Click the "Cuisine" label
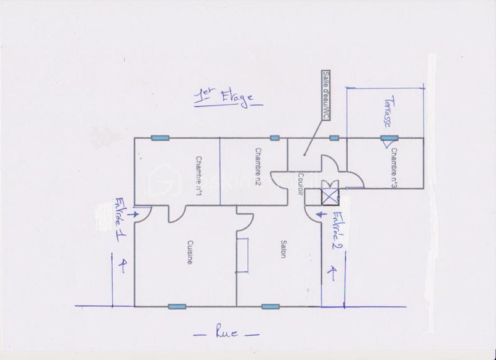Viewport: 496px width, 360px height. pos(189,253)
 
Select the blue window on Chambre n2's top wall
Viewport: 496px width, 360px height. pos(275,138)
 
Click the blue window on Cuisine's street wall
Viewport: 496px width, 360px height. pos(177,306)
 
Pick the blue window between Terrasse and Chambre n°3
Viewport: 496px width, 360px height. pos(389,138)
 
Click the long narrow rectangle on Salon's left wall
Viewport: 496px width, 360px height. pos(243,253)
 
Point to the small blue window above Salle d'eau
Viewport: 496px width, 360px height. pos(334,138)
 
